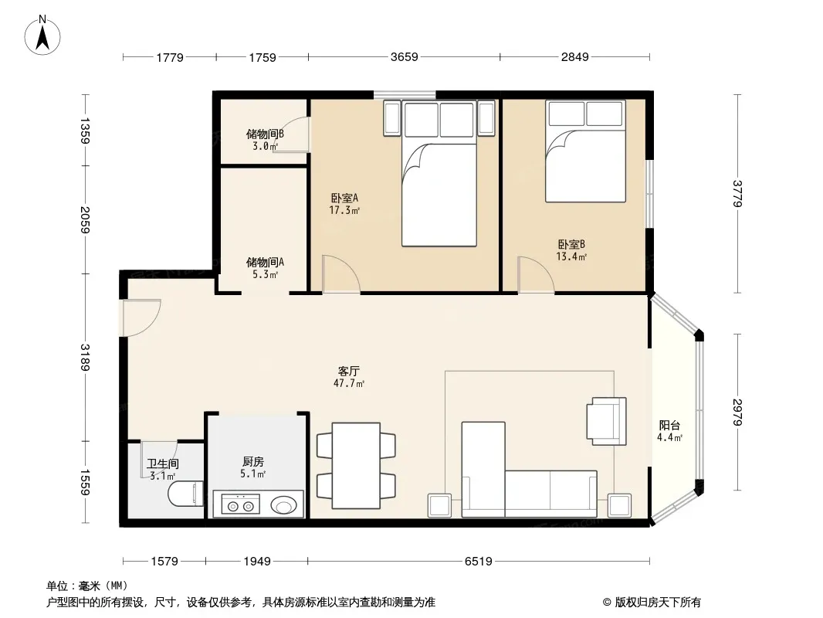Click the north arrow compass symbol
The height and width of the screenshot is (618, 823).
[x=42, y=36]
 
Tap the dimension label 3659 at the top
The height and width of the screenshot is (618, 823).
[x=404, y=56]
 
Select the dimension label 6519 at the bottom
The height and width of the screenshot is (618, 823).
[x=478, y=562]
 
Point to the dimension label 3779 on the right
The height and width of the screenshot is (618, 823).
[x=737, y=193]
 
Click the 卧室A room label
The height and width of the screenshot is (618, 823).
[x=344, y=198]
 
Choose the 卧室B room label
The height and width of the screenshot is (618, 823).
[x=571, y=244]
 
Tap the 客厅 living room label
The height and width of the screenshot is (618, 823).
[x=348, y=371]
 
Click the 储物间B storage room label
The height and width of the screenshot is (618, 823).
[x=265, y=134]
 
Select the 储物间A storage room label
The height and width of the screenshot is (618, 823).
[x=265, y=262]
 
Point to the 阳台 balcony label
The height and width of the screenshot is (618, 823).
[x=669, y=426]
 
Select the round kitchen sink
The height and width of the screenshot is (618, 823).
[x=283, y=506]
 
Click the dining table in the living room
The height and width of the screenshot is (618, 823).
[x=357, y=466]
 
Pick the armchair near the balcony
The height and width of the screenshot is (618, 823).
[x=607, y=421]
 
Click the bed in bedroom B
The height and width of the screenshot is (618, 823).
[x=585, y=151]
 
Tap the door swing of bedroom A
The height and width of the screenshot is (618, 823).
[x=341, y=273]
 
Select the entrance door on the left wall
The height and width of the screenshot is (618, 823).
[x=141, y=317]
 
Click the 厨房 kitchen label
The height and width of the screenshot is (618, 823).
[x=253, y=461]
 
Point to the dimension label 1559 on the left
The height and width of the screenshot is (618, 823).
[x=85, y=482]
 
